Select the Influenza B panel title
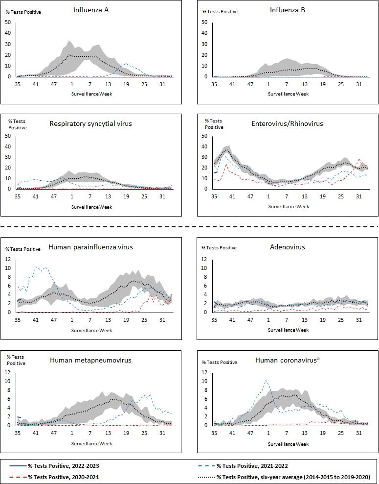tap(288, 9)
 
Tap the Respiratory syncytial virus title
tap(90, 123)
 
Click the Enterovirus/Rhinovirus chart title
tap(288, 123)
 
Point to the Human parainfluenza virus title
tap(90, 247)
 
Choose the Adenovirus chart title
tap(288, 247)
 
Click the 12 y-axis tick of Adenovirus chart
tap(204, 259)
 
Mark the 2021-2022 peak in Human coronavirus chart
tap(266, 380)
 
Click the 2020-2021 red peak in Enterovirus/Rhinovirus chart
tap(359, 159)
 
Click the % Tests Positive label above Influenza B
tap(221, 12)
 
